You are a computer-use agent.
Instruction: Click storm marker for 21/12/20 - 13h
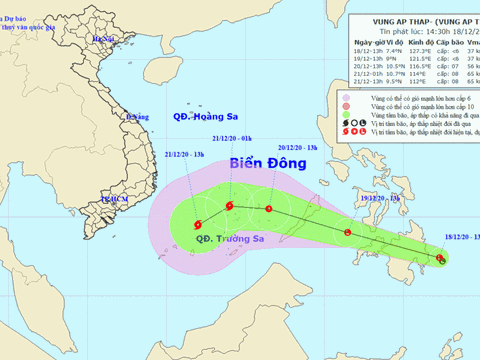point(198,224)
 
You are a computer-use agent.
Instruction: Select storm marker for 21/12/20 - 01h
point(230,207)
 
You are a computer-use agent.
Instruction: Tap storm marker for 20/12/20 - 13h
point(269,209)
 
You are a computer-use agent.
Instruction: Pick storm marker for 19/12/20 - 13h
point(348,233)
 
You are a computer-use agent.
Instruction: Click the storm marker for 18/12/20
point(440,260)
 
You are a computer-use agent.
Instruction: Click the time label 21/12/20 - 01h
point(232,138)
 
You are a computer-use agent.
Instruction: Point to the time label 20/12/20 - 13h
point(298,146)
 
